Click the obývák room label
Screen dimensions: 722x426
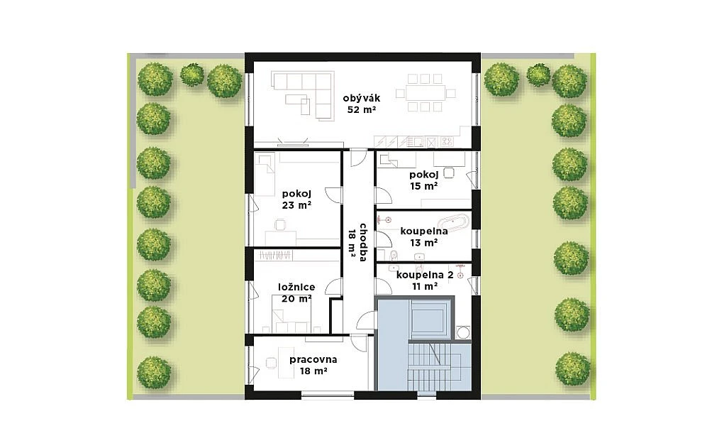pos(362,98)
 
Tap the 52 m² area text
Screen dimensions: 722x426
pos(362,110)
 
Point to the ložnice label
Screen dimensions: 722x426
pos(296,288)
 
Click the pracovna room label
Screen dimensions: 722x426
pos(313,359)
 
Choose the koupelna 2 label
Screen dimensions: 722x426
pos(425,275)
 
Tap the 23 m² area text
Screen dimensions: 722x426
pos(296,205)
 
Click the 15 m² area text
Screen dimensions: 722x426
pos(423,186)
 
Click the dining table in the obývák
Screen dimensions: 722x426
pos(426,93)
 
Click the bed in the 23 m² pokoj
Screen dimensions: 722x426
pos(265,175)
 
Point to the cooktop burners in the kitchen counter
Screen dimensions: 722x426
pos(447,141)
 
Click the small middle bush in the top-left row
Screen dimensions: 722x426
pos(191,75)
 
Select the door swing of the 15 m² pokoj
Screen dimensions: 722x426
pos(384,195)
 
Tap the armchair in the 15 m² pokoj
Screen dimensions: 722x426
pos(449,173)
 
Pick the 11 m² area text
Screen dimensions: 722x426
pos(425,286)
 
